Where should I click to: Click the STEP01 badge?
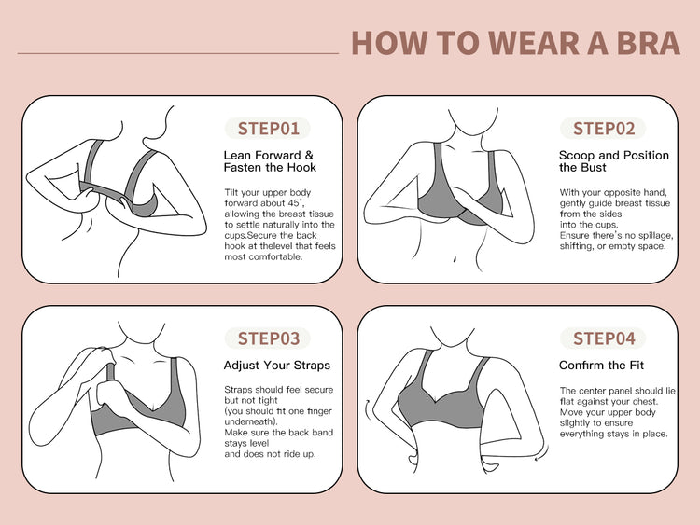point(268,129)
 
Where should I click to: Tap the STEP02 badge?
point(603,129)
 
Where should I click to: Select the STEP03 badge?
point(268,338)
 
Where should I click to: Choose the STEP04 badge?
point(603,338)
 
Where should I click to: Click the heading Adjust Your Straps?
point(277,366)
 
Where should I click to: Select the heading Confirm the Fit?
point(601,366)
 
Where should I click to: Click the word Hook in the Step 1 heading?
point(301,168)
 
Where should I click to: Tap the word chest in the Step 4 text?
point(646,402)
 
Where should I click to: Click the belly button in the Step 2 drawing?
point(454,258)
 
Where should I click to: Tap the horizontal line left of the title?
point(178,53)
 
